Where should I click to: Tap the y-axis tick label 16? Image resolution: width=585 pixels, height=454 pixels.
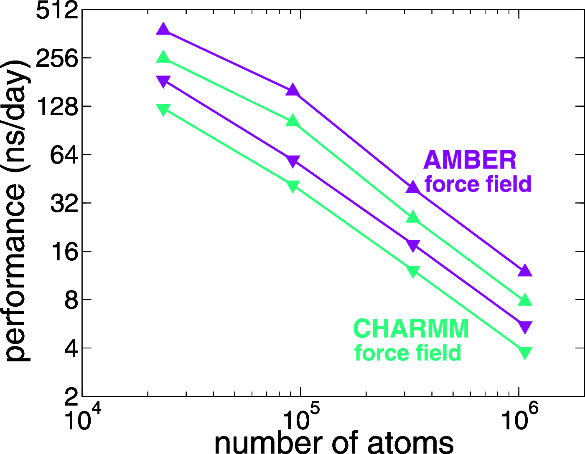coord(64,252)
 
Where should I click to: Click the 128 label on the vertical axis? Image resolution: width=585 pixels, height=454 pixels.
coord(57,107)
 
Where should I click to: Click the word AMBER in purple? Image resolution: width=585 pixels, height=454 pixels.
coord(470,160)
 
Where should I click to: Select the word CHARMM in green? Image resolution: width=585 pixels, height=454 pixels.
coord(411,329)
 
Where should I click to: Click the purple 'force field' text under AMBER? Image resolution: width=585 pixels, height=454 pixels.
coord(478,184)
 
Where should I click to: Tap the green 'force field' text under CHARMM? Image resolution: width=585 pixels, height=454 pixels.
coord(407,353)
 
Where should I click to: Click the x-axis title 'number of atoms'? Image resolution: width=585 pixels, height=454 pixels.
coord(333,442)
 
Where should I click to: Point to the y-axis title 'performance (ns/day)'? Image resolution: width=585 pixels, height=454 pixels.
coord(16,211)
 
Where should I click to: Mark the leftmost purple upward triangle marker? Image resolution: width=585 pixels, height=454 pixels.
coord(163,30)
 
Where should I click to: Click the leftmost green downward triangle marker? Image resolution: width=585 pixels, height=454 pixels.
coord(163,109)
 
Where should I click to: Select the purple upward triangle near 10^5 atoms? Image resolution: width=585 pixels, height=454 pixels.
coord(292,90)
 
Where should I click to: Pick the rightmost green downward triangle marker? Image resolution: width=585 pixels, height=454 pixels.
coord(525,352)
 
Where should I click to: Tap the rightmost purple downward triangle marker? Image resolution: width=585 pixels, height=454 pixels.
coord(525,327)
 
